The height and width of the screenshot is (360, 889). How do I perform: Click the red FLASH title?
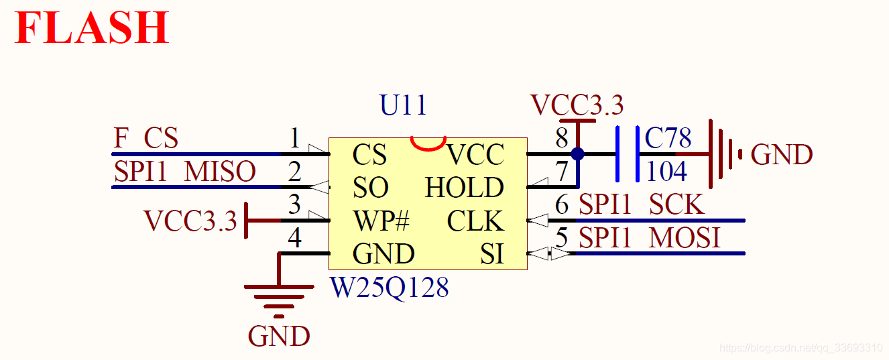(92, 27)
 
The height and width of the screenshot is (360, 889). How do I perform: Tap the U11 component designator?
(403, 105)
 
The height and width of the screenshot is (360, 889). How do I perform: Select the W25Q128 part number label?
(390, 288)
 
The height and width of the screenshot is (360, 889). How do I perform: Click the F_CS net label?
(145, 137)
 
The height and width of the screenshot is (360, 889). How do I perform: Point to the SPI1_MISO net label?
(185, 172)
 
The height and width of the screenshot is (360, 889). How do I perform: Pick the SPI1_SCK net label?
(642, 204)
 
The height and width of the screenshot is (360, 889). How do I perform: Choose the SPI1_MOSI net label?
(649, 238)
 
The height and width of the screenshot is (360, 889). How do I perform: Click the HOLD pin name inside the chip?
(465, 187)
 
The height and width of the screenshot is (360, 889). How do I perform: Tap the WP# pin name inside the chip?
(381, 221)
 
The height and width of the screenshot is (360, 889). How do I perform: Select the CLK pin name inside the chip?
(475, 221)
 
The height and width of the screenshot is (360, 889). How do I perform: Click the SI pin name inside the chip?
(492, 254)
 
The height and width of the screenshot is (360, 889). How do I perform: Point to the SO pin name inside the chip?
(370, 187)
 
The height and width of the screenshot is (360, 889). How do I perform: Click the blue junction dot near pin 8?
(577, 154)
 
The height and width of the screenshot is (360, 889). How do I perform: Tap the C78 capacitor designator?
(668, 137)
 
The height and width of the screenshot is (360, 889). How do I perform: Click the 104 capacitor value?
(666, 172)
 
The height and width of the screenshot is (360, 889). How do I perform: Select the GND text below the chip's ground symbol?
(279, 336)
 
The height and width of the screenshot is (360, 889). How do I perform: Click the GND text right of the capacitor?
(782, 154)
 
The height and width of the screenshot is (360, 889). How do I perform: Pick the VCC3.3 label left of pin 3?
(190, 221)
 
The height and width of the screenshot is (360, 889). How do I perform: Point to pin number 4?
(294, 238)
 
